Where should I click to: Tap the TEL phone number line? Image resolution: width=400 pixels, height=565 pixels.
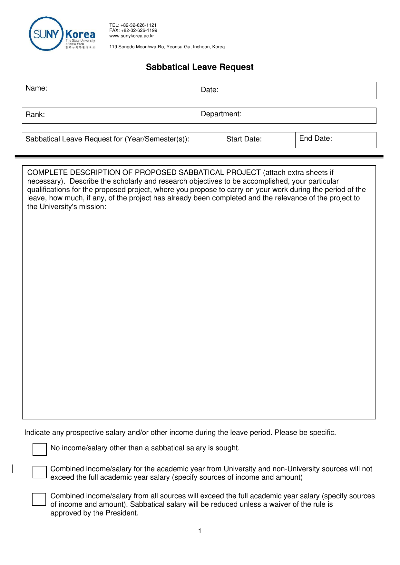pyautogui.click(x=133, y=25)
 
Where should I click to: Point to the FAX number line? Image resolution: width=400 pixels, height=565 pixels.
pyautogui.click(x=133, y=30)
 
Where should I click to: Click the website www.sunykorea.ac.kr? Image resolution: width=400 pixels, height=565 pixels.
pyautogui.click(x=132, y=36)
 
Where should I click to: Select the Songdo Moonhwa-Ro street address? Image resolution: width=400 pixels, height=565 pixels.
pyautogui.click(x=167, y=47)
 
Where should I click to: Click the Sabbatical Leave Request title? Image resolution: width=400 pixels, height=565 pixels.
pyautogui.click(x=200, y=67)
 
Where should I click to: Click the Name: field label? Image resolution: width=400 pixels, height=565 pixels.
pyautogui.click(x=36, y=88)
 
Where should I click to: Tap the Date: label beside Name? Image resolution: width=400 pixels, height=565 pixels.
pyautogui.click(x=210, y=90)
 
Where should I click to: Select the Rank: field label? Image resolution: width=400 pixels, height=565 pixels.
pyautogui.click(x=35, y=115)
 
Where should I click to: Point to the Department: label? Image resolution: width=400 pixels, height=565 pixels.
pyautogui.click(x=221, y=114)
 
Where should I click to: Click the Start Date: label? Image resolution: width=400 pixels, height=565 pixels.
pyautogui.click(x=244, y=139)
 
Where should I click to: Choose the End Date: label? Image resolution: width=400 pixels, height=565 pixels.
pyautogui.click(x=315, y=139)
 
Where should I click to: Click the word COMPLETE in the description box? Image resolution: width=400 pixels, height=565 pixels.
pyautogui.click(x=47, y=173)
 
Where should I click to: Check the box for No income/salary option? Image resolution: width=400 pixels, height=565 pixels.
pyautogui.click(x=40, y=449)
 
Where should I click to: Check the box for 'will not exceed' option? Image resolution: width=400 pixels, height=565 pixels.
pyautogui.click(x=40, y=472)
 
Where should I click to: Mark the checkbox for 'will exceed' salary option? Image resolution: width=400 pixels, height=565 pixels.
pyautogui.click(x=39, y=499)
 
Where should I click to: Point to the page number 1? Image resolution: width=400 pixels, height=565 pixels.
pyautogui.click(x=200, y=531)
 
